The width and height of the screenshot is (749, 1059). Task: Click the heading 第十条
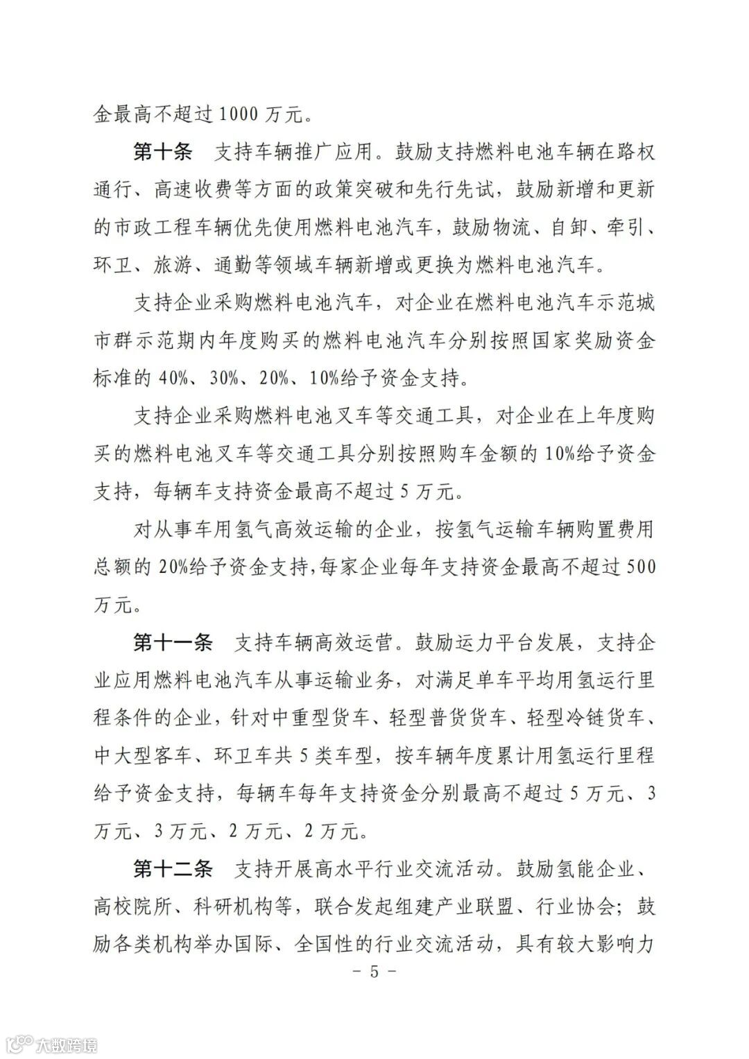coord(162,152)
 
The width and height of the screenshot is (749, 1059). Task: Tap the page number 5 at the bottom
coord(374,971)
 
